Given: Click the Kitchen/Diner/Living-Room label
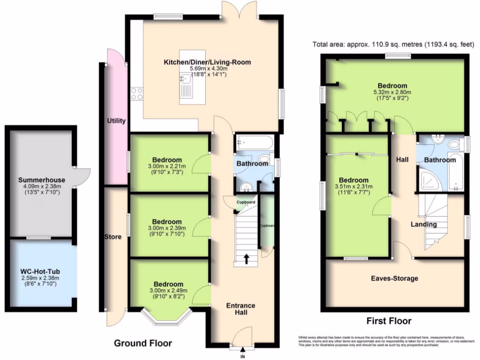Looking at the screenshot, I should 207,62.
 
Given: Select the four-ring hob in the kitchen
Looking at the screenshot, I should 136,94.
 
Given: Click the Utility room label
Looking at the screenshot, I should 116,121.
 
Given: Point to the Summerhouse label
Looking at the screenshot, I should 42,180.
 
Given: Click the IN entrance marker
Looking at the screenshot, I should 243,357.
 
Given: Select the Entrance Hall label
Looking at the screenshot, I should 241,309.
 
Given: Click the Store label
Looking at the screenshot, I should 112,237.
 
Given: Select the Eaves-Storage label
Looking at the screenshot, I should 394,278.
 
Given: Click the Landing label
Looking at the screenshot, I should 424,224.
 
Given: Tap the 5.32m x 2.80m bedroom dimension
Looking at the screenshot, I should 392,92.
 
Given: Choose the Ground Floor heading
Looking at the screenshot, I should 143,343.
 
